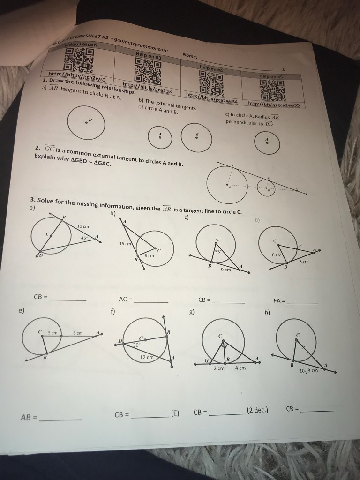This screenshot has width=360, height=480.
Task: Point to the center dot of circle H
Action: [x=86, y=123]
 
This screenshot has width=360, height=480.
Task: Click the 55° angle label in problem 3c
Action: [x=217, y=252]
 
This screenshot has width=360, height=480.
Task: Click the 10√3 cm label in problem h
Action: [x=308, y=371]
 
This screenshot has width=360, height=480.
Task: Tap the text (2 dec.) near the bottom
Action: [x=257, y=411]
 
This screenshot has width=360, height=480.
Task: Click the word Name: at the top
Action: [x=190, y=58]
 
